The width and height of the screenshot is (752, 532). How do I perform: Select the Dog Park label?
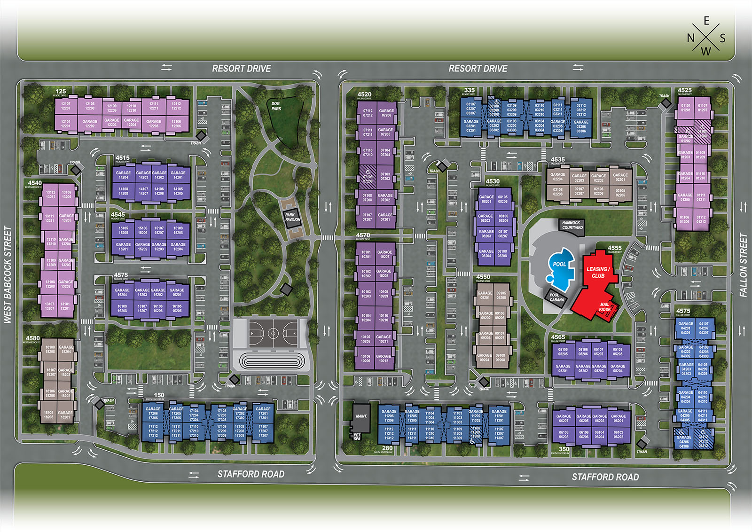click(x=276, y=106)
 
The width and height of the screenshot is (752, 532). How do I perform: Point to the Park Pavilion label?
click(x=292, y=217)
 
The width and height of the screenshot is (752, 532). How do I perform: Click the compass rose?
click(x=706, y=36)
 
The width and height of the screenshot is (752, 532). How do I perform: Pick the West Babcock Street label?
click(x=8, y=274)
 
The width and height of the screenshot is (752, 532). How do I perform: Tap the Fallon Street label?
click(x=743, y=265)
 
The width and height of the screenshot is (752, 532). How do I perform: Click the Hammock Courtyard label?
click(x=572, y=225)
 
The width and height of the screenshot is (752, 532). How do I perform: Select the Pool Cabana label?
click(x=557, y=297)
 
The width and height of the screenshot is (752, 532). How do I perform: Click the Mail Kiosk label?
click(x=605, y=307)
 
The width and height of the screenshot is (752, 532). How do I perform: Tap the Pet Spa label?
click(x=357, y=437)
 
